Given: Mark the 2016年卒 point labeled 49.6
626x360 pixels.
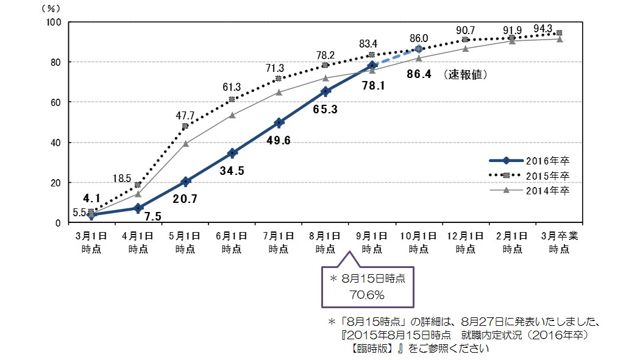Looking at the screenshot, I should pyautogui.click(x=279, y=122).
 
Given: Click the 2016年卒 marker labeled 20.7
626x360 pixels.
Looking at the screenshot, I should pyautogui.click(x=185, y=182).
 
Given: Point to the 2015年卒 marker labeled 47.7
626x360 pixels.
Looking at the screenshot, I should pyautogui.click(x=185, y=127).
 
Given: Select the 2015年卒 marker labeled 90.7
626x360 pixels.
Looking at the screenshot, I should pyautogui.click(x=465, y=40).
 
